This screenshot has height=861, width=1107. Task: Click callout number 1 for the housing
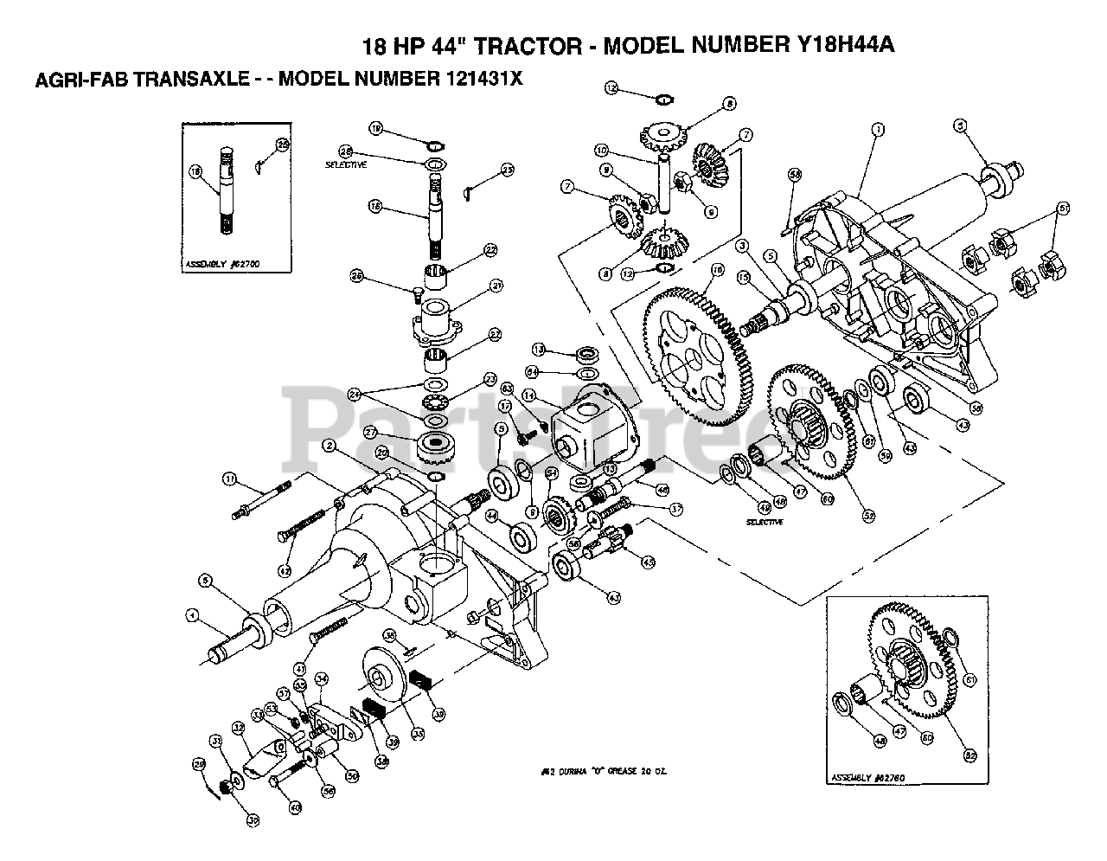[878, 130]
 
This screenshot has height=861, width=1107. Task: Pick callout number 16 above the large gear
[717, 270]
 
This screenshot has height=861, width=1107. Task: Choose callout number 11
[229, 478]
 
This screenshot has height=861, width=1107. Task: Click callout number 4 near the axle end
[192, 616]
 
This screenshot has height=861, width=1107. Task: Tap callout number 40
[294, 807]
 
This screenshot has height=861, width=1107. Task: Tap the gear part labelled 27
[442, 447]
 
